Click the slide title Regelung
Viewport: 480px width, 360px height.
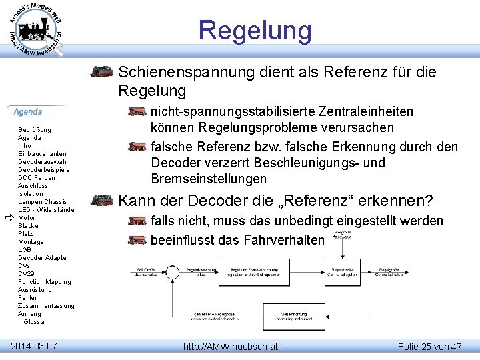point(255,31)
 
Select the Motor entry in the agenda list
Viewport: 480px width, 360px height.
point(27,218)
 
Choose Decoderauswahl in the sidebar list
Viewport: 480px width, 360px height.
point(43,162)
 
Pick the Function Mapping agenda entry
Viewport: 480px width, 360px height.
point(44,282)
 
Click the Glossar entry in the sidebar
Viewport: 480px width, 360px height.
point(35,322)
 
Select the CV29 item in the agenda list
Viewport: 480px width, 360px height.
point(27,274)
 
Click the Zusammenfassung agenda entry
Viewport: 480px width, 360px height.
point(46,306)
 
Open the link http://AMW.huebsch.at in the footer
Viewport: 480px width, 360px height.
point(231,347)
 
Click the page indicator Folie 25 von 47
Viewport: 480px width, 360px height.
point(429,347)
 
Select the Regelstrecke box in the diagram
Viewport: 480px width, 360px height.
point(342,271)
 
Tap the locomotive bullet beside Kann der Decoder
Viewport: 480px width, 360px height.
point(101,200)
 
